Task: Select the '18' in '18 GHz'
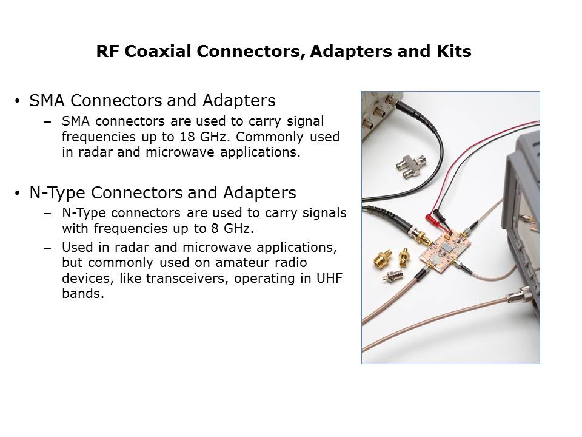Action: pyautogui.click(x=187, y=137)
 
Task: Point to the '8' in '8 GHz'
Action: pyautogui.click(x=215, y=228)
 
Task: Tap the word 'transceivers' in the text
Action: pyautogui.click(x=187, y=279)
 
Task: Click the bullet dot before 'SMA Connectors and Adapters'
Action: pyautogui.click(x=18, y=101)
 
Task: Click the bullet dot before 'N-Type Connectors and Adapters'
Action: pyautogui.click(x=18, y=193)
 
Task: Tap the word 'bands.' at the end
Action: pyautogui.click(x=83, y=294)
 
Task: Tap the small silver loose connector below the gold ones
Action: pyautogui.click(x=393, y=276)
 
